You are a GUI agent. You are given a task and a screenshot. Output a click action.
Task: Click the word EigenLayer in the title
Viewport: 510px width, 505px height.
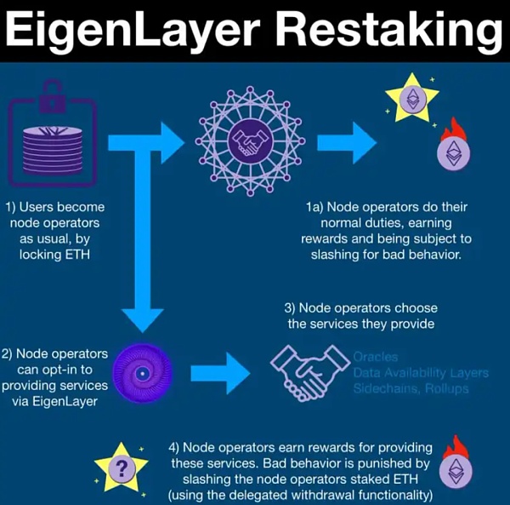tap(135, 33)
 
